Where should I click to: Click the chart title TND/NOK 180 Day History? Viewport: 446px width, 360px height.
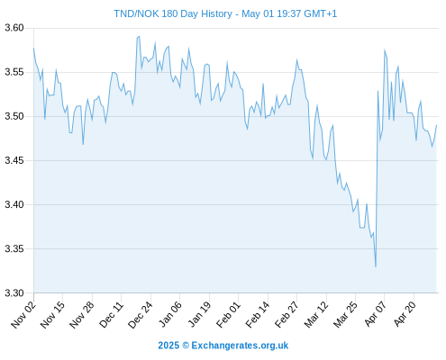click(x=173, y=13)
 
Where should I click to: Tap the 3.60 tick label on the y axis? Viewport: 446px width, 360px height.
click(x=14, y=28)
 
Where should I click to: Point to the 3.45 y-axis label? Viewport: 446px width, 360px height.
click(x=14, y=160)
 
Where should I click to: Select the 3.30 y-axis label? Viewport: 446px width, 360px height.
click(x=14, y=292)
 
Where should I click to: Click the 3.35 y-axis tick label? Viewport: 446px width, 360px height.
click(x=14, y=248)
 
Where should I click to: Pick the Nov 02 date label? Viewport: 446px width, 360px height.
click(x=23, y=315)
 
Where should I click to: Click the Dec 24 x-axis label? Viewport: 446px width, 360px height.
click(x=141, y=315)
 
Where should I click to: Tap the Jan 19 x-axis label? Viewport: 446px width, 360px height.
click(x=199, y=315)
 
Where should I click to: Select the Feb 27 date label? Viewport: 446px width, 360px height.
click(x=287, y=315)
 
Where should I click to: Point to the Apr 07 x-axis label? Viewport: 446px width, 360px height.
click(x=375, y=314)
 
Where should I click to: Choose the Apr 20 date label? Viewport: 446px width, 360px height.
click(x=405, y=314)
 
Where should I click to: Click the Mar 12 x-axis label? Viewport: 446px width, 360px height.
click(x=316, y=315)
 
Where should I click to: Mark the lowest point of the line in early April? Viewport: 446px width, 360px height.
click(x=376, y=266)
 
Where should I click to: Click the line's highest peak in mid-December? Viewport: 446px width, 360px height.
click(x=139, y=37)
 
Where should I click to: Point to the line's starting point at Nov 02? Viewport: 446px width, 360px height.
click(x=33, y=48)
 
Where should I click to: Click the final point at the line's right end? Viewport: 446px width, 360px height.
click(x=436, y=125)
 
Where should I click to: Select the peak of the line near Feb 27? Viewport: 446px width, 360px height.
click(x=296, y=60)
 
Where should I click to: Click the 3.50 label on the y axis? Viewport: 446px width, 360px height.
click(x=14, y=116)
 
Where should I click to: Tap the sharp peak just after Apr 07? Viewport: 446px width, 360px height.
click(x=385, y=50)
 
